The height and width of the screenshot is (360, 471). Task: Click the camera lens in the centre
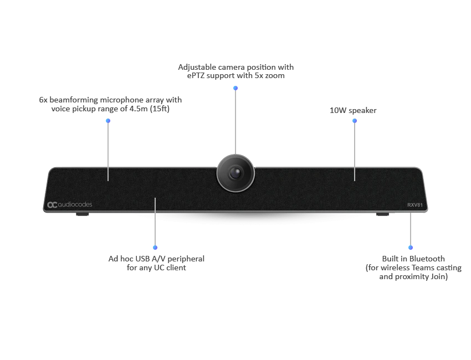(235, 172)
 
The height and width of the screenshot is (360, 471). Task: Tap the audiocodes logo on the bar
(69, 205)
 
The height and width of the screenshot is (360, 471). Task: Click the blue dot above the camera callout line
(235, 88)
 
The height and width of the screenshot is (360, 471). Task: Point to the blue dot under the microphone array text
(107, 120)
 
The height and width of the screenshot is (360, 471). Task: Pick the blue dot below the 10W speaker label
(355, 120)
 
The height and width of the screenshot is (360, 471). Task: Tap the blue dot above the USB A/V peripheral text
(155, 248)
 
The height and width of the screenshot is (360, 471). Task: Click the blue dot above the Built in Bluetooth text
(411, 248)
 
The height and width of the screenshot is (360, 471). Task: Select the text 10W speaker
(353, 111)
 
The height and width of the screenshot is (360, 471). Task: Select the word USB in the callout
(138, 259)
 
